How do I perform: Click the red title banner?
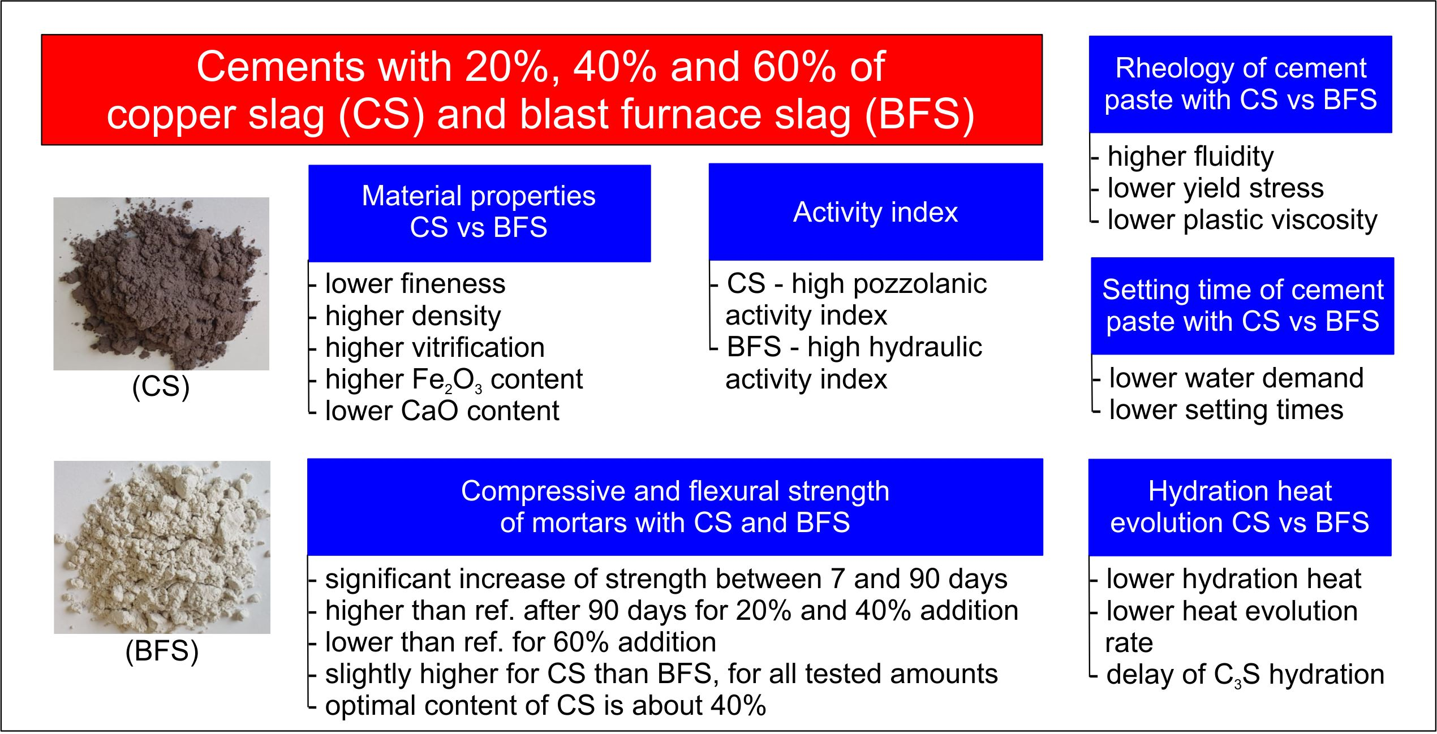click(x=542, y=90)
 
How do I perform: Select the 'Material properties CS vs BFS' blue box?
click(x=479, y=213)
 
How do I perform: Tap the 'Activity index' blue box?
click(x=875, y=212)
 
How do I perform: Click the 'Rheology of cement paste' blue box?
click(x=1240, y=84)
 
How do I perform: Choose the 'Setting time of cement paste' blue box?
click(x=1242, y=306)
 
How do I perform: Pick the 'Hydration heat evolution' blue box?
click(x=1240, y=507)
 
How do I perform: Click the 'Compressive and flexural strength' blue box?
click(x=675, y=507)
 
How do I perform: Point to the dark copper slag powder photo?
click(x=161, y=284)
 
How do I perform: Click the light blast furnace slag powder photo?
click(x=162, y=547)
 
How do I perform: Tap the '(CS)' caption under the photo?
click(x=161, y=388)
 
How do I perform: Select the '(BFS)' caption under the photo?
click(x=162, y=651)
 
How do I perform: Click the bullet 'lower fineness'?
click(x=415, y=284)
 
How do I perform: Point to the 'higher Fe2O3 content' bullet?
click(x=454, y=379)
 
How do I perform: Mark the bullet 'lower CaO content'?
click(x=442, y=411)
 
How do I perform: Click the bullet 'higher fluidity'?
click(x=1190, y=157)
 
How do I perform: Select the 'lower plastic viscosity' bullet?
click(x=1242, y=221)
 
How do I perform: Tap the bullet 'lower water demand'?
click(x=1236, y=378)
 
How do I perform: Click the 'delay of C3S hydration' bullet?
click(x=1245, y=675)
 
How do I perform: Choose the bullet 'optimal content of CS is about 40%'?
click(x=545, y=706)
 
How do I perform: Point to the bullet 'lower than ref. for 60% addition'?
click(x=520, y=643)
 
